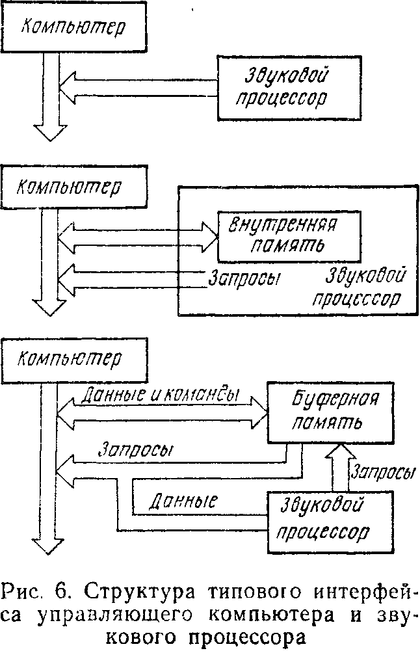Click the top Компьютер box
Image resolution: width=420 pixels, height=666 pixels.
(74, 26)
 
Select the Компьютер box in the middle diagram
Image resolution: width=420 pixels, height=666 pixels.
(74, 187)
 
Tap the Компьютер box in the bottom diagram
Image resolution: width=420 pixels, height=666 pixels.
(74, 360)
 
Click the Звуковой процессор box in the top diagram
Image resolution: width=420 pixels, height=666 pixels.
(289, 88)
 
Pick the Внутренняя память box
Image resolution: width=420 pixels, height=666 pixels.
(289, 236)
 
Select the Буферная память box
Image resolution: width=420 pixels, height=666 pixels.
(330, 412)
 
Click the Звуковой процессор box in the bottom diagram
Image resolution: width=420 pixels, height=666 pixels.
(330, 522)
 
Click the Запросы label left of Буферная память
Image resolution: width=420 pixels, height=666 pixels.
(135, 450)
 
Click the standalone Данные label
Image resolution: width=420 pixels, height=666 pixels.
(183, 501)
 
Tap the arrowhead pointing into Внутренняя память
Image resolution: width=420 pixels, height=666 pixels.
(210, 237)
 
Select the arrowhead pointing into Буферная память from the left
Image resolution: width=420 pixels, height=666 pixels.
(259, 412)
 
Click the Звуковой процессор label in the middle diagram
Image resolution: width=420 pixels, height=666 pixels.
(360, 287)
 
